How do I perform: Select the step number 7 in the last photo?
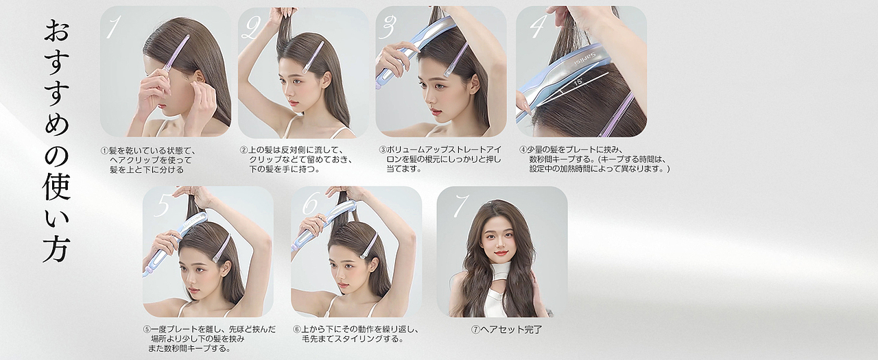(x=461, y=206)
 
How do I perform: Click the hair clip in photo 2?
(x=314, y=57)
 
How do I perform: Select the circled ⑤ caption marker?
(x=147, y=329)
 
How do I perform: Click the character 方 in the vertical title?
(x=57, y=248)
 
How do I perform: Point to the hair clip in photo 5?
(x=222, y=248)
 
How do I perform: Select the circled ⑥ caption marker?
(x=297, y=329)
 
